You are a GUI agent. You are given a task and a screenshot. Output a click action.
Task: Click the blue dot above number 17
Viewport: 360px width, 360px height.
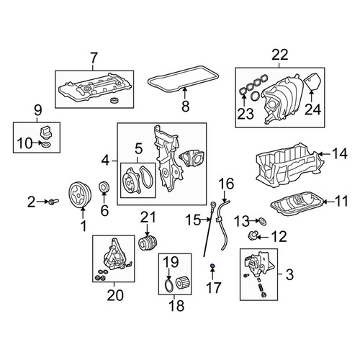pyautogui.click(x=212, y=266)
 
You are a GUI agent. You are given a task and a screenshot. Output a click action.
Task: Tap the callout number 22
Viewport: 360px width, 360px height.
pyautogui.click(x=280, y=55)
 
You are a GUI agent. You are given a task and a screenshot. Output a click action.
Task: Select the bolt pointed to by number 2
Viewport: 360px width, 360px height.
pyautogui.click(x=54, y=202)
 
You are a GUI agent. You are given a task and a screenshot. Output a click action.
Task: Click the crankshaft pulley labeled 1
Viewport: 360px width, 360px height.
pyautogui.click(x=80, y=194)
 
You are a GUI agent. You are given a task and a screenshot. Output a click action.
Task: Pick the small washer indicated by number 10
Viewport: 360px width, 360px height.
pyautogui.click(x=46, y=145)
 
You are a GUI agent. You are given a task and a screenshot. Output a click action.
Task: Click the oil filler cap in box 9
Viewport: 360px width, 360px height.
pyautogui.click(x=45, y=132)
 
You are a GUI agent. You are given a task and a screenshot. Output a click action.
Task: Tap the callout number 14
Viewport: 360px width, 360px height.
pyautogui.click(x=340, y=153)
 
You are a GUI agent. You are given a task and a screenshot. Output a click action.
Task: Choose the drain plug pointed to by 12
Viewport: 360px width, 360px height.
pyautogui.click(x=253, y=236)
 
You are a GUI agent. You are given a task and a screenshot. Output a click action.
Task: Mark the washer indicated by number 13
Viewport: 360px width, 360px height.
pyautogui.click(x=262, y=222)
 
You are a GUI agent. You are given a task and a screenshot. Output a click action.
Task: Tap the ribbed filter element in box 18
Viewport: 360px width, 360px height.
pyautogui.click(x=184, y=283)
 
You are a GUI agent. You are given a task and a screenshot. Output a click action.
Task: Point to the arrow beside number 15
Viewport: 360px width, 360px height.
pyautogui.click(x=206, y=219)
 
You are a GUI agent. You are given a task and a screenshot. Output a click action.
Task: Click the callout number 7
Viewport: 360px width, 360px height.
pyautogui.click(x=93, y=58)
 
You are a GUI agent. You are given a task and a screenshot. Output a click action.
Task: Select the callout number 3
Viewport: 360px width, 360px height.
pyautogui.click(x=290, y=274)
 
